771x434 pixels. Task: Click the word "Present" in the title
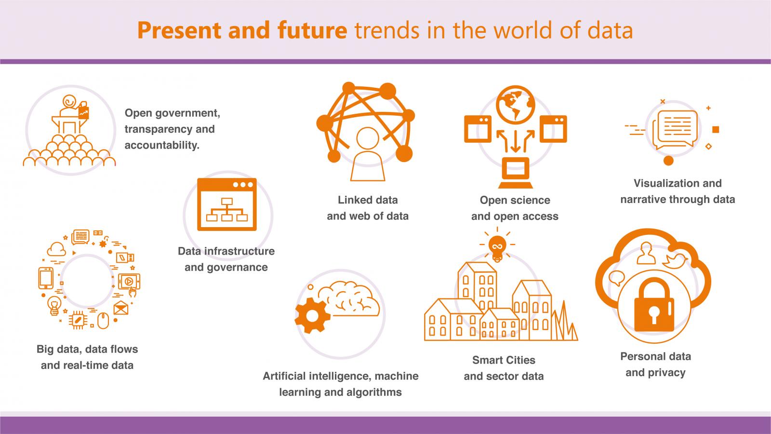pos(179,31)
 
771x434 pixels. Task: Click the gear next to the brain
pos(313,315)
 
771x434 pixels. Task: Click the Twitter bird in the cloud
pos(675,261)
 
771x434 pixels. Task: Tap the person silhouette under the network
pos(368,154)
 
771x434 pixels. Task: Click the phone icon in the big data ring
pos(46,278)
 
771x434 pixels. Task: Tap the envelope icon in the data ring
pos(121,308)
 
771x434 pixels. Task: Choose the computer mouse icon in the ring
pos(103,321)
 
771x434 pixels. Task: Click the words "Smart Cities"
pos(504,360)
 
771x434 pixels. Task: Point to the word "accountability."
pos(162,145)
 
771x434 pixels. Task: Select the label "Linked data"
pos(368,200)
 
